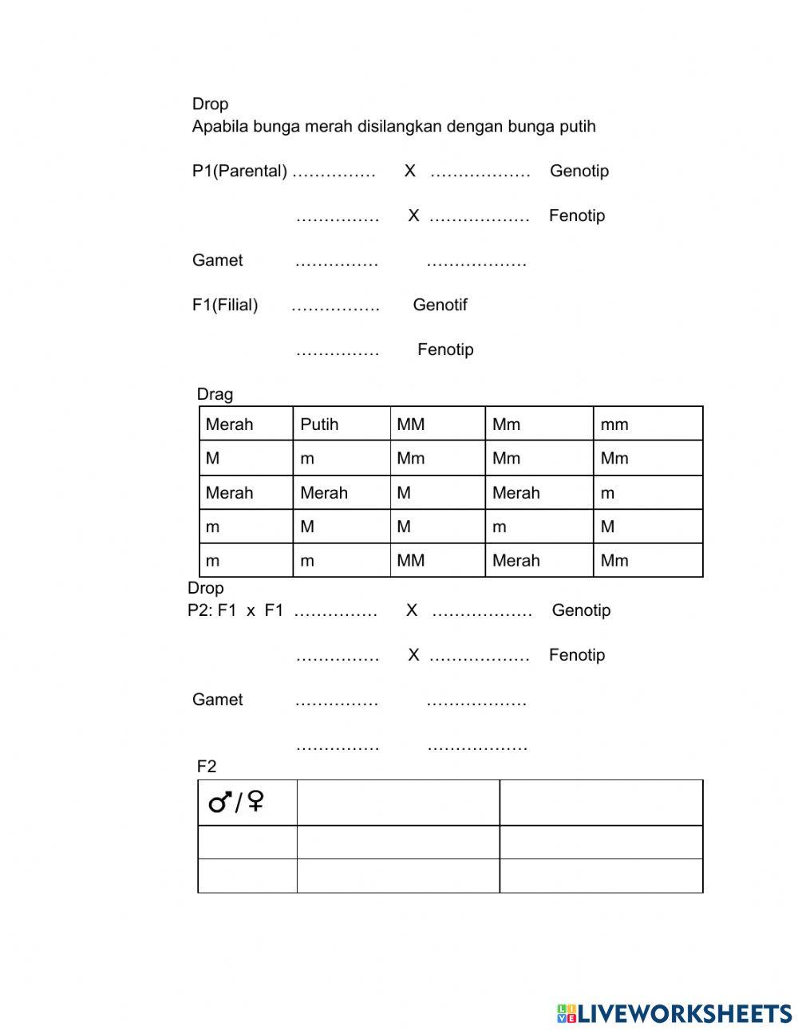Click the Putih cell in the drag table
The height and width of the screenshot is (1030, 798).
(x=319, y=424)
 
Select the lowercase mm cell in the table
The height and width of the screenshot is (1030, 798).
(x=614, y=424)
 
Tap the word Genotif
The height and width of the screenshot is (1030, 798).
(x=440, y=305)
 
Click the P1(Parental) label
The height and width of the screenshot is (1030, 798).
(x=239, y=171)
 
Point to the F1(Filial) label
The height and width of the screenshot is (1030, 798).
(x=225, y=305)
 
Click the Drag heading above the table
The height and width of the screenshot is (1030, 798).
(x=215, y=394)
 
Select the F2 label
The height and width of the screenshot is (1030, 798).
(x=207, y=767)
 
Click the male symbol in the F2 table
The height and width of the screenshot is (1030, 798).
(x=221, y=802)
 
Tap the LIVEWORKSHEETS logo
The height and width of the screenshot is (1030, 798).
(x=674, y=1013)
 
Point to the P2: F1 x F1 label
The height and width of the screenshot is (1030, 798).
(x=235, y=610)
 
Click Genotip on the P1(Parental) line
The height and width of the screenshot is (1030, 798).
(x=579, y=171)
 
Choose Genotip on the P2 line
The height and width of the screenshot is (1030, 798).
(x=581, y=610)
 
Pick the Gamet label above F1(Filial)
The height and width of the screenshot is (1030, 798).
(x=217, y=260)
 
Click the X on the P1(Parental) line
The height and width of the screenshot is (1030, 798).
(x=409, y=171)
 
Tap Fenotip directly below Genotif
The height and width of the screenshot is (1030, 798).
(x=445, y=349)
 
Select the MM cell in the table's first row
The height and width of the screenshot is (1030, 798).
(x=411, y=424)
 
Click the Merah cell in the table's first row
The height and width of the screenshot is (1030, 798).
(x=229, y=424)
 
